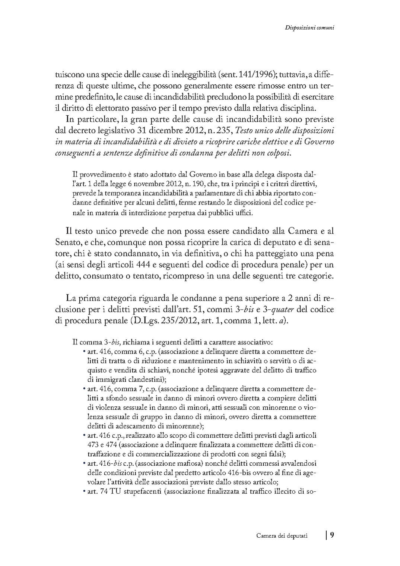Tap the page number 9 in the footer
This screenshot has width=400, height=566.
click(332, 535)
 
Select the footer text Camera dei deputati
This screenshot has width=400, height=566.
click(282, 536)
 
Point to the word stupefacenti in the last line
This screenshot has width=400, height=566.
click(140, 491)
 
